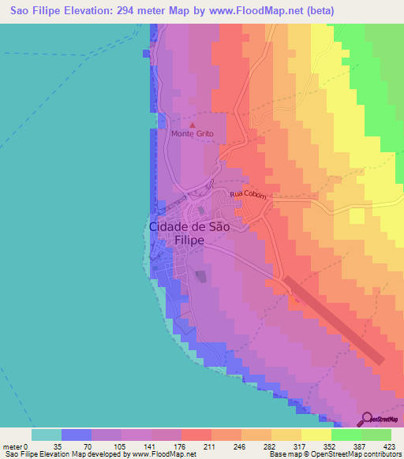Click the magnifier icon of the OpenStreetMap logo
[365, 420]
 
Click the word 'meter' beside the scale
[13, 446]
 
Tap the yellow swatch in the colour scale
[316, 435]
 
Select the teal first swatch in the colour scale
[47, 435]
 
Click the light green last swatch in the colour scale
[376, 435]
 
